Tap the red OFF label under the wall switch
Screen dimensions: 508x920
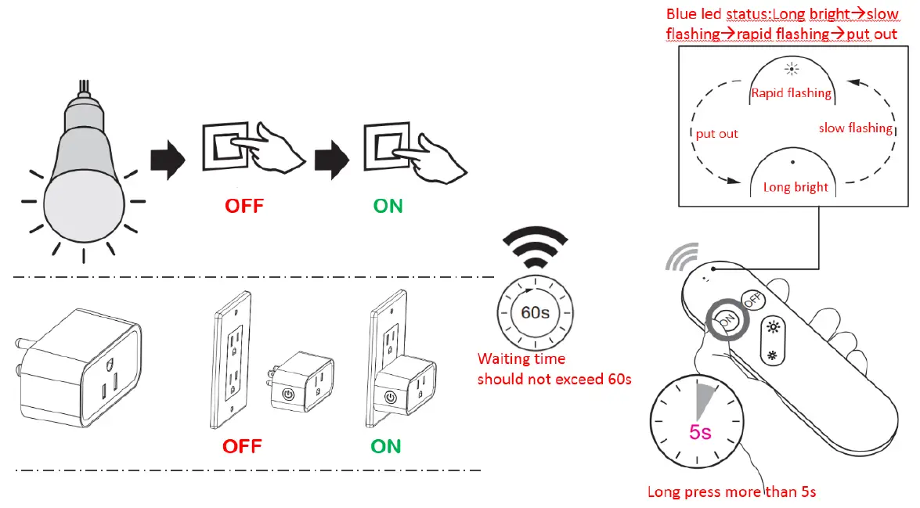(244, 207)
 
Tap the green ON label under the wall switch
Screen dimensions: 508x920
(388, 207)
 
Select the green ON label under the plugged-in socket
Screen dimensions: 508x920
(385, 447)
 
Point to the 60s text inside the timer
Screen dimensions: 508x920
(536, 312)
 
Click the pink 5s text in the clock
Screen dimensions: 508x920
(700, 431)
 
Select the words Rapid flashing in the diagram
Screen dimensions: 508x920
(791, 93)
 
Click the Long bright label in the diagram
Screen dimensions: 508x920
(796, 188)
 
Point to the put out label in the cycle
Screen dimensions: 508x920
(716, 134)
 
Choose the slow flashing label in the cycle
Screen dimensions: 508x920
(855, 128)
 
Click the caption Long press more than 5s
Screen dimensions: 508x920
(732, 492)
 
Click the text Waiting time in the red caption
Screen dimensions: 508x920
(521, 359)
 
